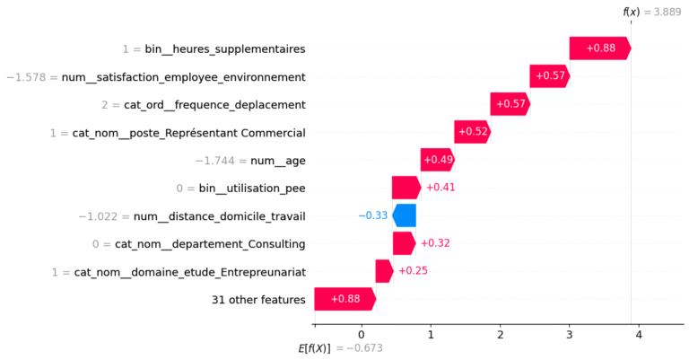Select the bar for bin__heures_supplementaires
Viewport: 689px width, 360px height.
pyautogui.click(x=599, y=48)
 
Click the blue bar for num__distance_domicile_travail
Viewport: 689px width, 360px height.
pyautogui.click(x=405, y=215)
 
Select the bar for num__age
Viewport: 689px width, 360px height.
pyautogui.click(x=437, y=160)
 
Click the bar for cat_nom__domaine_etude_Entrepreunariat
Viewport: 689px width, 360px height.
pyautogui.click(x=384, y=271)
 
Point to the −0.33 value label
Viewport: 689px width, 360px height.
pyautogui.click(x=372, y=215)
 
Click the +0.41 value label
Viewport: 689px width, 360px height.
pyautogui.click(x=439, y=188)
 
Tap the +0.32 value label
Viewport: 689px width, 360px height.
pyautogui.click(x=434, y=243)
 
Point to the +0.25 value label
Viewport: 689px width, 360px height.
pyautogui.click(x=413, y=271)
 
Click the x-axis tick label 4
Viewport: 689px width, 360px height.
pyautogui.click(x=639, y=334)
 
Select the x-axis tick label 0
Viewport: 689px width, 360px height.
pyautogui.click(x=362, y=334)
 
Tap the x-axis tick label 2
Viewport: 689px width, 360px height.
pyautogui.click(x=500, y=334)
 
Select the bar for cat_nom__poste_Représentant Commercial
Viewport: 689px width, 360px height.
pyautogui.click(x=472, y=132)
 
